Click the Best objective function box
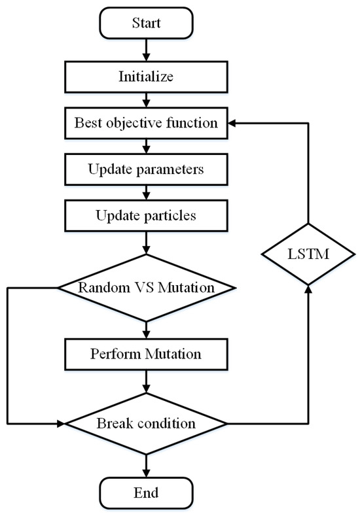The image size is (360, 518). point(145,122)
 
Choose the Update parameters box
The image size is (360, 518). point(145,169)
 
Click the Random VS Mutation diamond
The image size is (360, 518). point(145,287)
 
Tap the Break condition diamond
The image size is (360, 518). point(145,423)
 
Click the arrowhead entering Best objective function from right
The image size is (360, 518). point(232,122)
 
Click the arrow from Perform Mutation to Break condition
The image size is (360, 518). point(145,381)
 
